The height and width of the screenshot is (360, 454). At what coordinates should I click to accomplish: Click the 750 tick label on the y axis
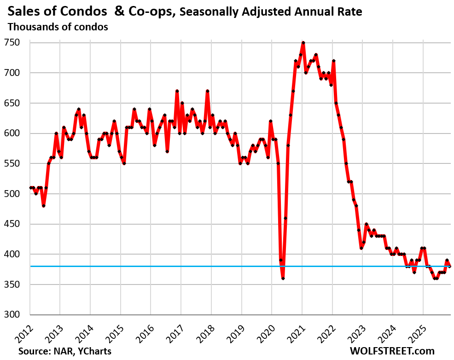click(x=17, y=42)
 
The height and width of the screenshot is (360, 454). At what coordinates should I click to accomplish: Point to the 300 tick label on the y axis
click(x=17, y=315)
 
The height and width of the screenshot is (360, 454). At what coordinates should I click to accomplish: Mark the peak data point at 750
click(x=303, y=42)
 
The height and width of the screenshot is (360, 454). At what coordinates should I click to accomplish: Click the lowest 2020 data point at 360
click(x=283, y=279)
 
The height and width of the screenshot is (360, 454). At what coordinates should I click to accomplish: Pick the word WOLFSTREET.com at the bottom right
click(x=392, y=351)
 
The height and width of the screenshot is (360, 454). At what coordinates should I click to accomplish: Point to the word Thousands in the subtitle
click(x=31, y=27)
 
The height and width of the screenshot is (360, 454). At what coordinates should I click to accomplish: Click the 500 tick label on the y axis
click(x=17, y=194)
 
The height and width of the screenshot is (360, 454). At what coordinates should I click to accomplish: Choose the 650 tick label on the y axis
click(x=17, y=103)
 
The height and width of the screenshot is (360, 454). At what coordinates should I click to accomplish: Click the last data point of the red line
click(x=450, y=266)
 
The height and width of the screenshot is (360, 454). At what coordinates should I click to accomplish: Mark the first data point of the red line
click(x=30, y=187)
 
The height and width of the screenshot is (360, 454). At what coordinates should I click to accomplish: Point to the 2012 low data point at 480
click(x=43, y=206)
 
